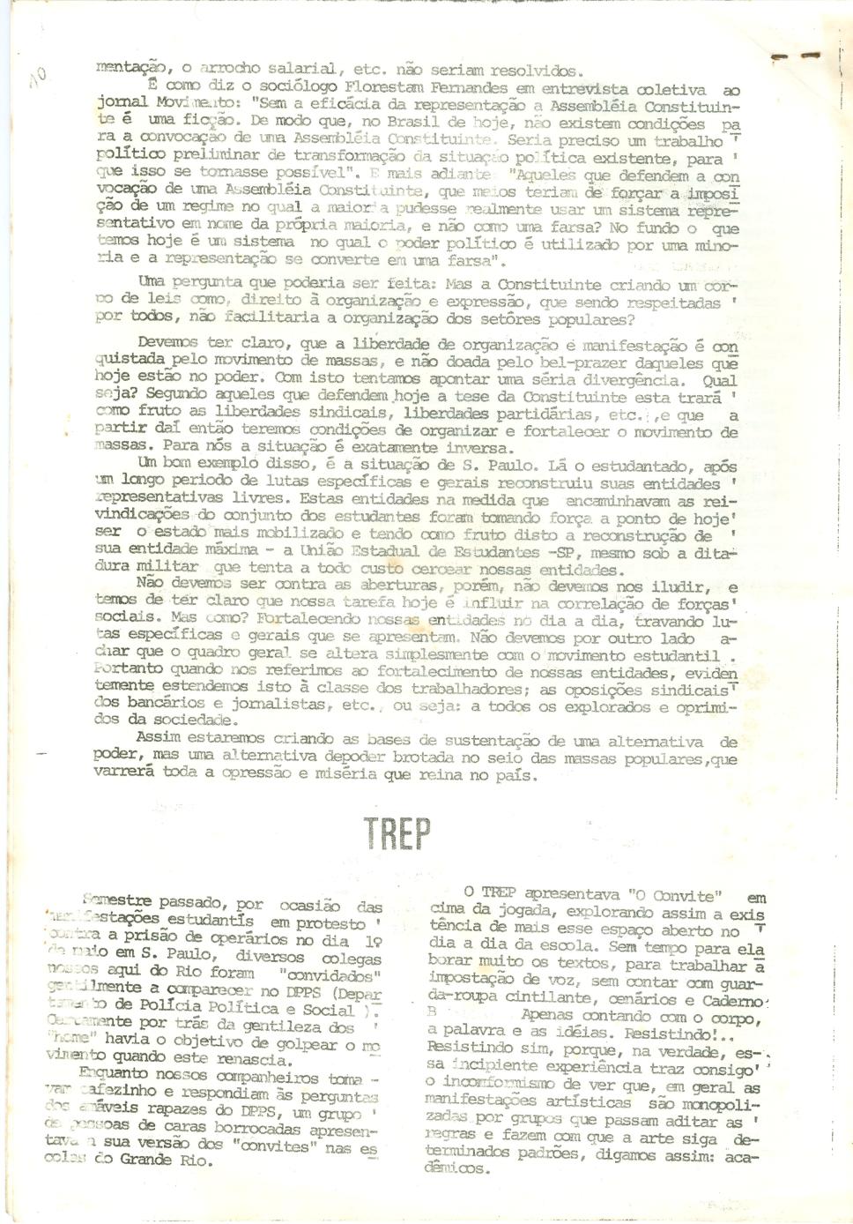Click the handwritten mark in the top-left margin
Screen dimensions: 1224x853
(x=37, y=79)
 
